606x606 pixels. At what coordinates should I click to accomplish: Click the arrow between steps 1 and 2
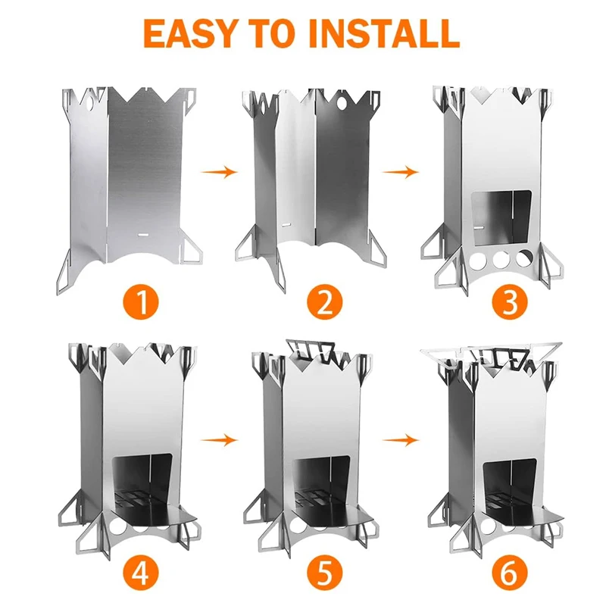point(220,172)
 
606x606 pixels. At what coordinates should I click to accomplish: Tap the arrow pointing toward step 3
point(401,172)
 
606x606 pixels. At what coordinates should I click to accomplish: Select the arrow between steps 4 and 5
point(220,439)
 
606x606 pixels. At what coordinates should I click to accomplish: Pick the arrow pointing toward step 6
point(401,439)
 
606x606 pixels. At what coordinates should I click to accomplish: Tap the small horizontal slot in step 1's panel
point(142,236)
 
